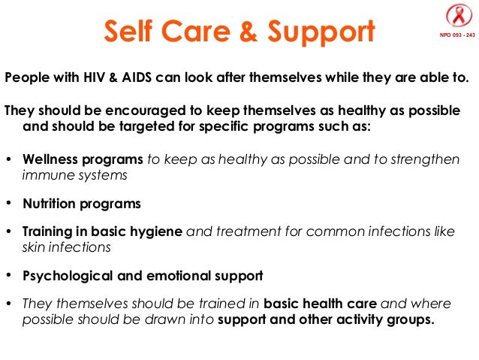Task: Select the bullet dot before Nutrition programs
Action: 8,204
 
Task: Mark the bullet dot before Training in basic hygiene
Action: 8,231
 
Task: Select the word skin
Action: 35,247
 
